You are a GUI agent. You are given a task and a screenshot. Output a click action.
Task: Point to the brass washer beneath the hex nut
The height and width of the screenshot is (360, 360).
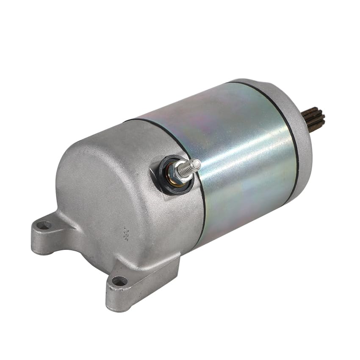click(x=171, y=178)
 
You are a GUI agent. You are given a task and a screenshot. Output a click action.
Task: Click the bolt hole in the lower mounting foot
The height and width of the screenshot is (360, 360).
click(x=119, y=280)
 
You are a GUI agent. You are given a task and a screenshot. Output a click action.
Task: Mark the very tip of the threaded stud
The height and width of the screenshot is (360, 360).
click(x=198, y=163)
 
